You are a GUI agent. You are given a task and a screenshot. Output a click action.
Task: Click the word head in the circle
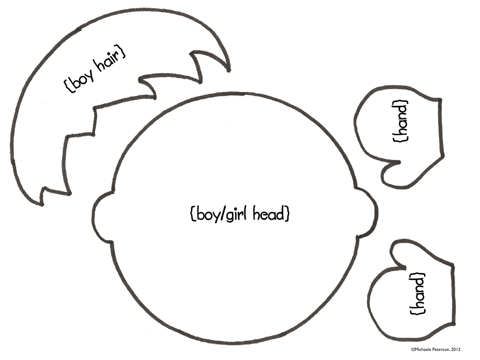pos(269,214)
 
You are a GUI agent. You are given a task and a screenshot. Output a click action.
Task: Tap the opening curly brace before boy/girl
pos(193,214)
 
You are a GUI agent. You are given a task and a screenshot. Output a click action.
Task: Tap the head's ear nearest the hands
pos(368,213)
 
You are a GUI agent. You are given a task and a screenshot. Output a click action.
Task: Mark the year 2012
pos(456,349)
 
